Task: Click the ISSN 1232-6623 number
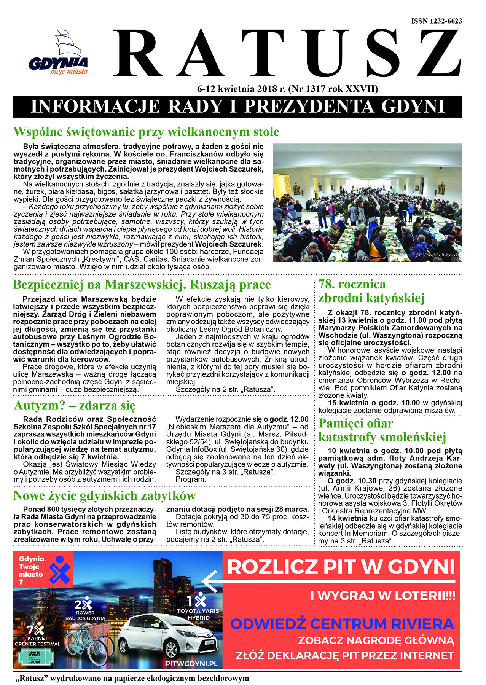(437, 21)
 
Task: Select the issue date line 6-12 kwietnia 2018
(287, 89)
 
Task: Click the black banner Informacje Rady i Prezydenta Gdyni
(237, 107)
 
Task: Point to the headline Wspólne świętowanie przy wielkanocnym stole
(146, 132)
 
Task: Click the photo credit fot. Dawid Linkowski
(437, 255)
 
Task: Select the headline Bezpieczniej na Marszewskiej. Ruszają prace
(142, 285)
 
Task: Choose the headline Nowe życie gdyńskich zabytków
(104, 496)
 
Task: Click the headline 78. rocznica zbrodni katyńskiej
(371, 291)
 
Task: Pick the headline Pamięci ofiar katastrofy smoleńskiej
(382, 430)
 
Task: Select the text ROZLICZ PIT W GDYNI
(341, 567)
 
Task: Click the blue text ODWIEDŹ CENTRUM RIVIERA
(342, 624)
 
